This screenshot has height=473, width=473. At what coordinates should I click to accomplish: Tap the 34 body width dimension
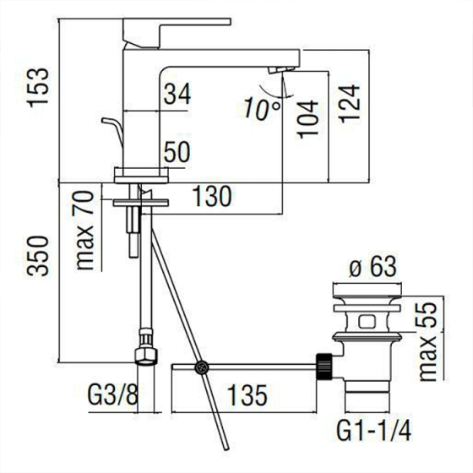point(177,95)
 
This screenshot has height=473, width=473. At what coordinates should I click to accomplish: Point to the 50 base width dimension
point(177,154)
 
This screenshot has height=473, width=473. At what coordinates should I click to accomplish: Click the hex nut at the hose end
point(144,355)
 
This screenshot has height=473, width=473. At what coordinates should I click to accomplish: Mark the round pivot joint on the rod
point(202,367)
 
